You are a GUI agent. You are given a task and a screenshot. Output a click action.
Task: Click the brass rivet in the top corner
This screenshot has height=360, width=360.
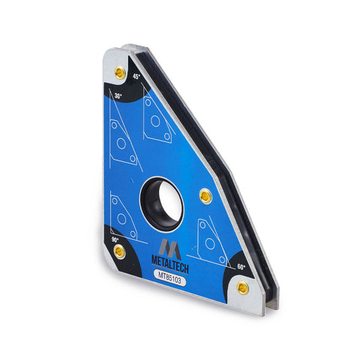click(x=120, y=73)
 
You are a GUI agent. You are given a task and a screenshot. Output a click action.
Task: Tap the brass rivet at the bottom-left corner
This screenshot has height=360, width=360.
click(x=119, y=251)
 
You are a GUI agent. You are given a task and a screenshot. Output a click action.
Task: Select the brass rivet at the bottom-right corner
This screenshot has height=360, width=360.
click(x=243, y=288)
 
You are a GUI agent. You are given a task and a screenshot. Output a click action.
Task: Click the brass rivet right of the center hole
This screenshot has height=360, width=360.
click(x=205, y=196)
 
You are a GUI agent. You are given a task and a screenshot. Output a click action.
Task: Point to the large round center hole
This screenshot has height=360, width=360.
click(x=162, y=203)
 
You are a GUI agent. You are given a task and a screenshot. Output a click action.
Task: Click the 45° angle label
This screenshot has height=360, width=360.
click(x=136, y=76)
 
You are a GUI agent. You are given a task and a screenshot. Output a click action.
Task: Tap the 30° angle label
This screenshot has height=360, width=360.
click(x=118, y=95)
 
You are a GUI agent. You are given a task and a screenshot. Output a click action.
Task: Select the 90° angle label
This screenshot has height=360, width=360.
click(x=115, y=240)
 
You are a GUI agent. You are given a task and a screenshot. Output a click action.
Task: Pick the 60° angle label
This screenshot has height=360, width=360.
click(x=241, y=267)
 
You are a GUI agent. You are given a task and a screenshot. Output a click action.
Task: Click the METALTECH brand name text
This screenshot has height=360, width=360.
click(x=170, y=265)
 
